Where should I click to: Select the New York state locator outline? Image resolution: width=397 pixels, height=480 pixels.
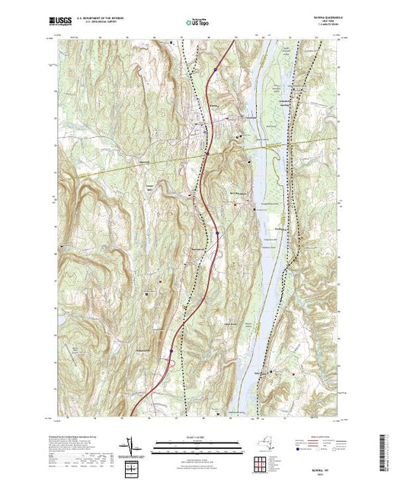[x=259, y=442]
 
